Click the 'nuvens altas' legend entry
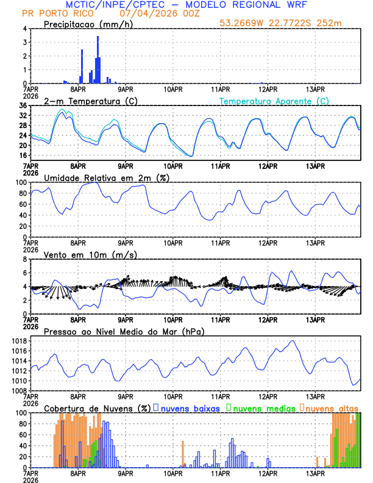point(332,407)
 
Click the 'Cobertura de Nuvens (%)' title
point(98,407)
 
